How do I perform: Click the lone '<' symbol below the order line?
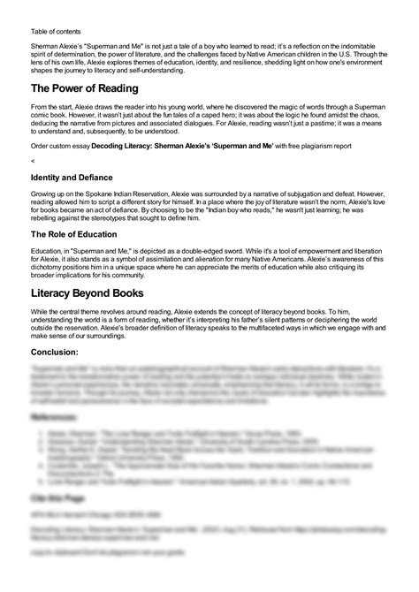point(32,161)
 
